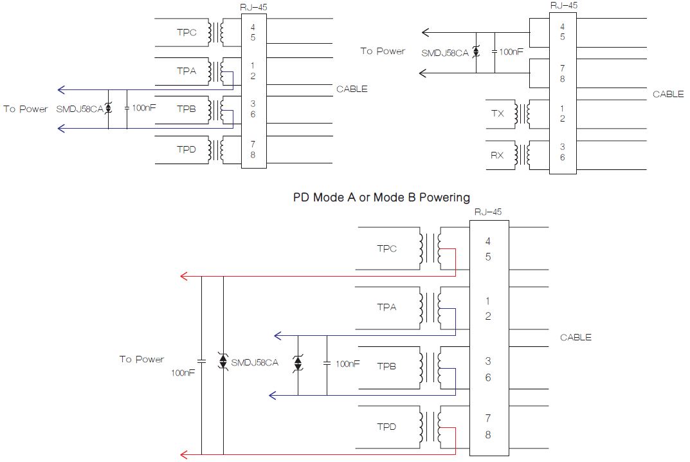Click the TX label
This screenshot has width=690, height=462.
(x=498, y=113)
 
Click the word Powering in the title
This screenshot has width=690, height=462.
(x=444, y=198)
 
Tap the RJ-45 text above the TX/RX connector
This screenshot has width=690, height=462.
(x=563, y=5)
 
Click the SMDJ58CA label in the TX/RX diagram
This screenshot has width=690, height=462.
(x=445, y=52)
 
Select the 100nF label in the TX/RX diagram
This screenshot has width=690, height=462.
(x=511, y=51)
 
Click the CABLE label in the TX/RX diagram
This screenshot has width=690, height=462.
(x=668, y=94)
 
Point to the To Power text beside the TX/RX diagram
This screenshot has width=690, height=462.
(x=383, y=51)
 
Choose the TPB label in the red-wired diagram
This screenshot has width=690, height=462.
(x=386, y=366)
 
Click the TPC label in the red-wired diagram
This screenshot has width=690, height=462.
(x=386, y=248)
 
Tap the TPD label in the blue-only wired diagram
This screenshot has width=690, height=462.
(x=186, y=149)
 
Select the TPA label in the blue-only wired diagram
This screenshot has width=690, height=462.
(x=186, y=71)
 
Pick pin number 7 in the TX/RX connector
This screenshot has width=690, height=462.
(x=563, y=67)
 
